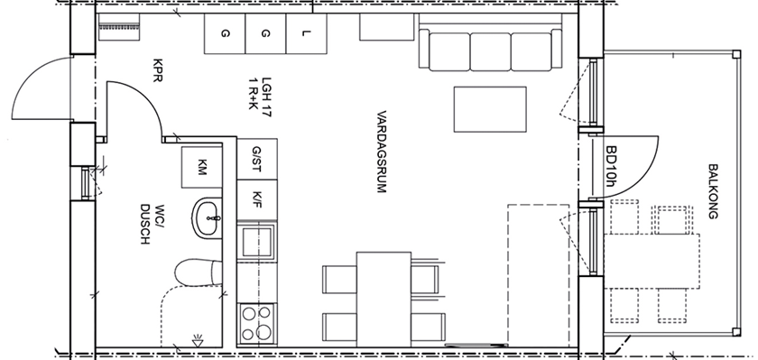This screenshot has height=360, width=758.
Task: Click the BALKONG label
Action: [x=713, y=192]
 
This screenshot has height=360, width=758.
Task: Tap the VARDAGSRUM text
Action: [x=382, y=152]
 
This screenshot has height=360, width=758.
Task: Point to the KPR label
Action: [x=157, y=70]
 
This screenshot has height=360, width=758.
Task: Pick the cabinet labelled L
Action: [x=306, y=33]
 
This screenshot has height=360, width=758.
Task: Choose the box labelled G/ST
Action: [x=256, y=159]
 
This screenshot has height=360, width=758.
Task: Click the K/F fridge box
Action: [x=256, y=200]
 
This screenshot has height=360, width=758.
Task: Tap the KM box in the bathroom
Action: [x=202, y=167]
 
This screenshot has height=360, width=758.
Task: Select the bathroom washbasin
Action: [x=208, y=219]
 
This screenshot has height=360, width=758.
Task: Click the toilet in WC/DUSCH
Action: [x=199, y=272]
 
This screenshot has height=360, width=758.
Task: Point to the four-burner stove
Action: [x=256, y=324]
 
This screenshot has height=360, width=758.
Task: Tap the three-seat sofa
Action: [x=490, y=50]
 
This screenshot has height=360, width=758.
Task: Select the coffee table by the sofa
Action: [x=490, y=109]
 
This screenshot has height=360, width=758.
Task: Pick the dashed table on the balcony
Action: [x=652, y=261]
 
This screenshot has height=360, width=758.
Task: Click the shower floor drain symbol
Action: [x=198, y=340]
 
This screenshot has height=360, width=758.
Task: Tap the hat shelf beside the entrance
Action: [x=119, y=27]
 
